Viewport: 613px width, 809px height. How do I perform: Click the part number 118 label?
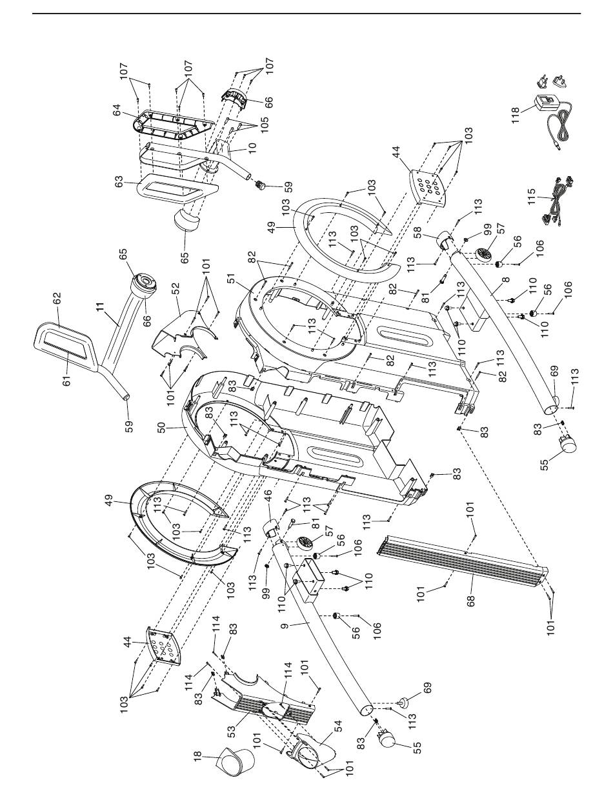point(516,115)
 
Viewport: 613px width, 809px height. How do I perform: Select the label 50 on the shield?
point(161,428)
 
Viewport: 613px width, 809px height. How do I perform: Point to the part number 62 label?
point(57,299)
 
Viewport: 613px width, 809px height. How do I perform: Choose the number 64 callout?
point(117,110)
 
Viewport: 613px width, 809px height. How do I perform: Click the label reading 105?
point(265,125)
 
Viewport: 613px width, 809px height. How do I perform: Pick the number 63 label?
point(119,182)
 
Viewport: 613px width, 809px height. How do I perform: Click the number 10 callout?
point(252,148)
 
